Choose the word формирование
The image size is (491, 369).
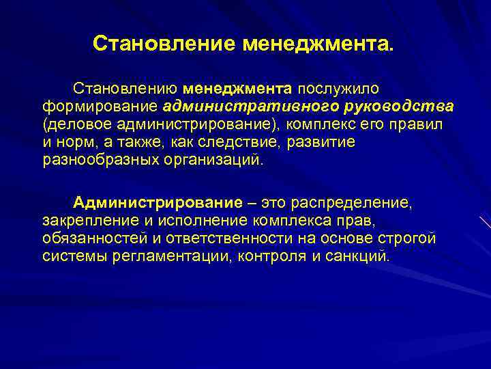point(101,107)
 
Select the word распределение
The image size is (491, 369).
point(353,203)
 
